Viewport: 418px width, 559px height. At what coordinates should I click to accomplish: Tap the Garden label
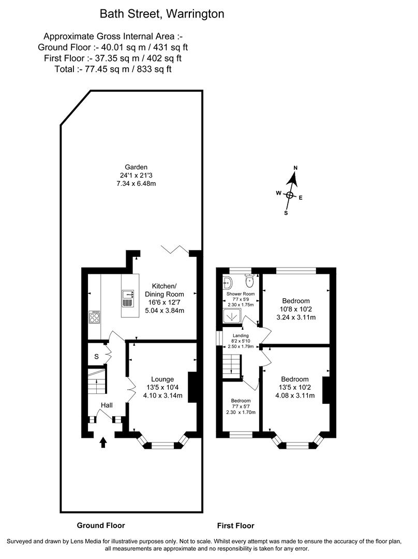coord(136,167)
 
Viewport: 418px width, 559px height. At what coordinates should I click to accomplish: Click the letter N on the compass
coord(296,168)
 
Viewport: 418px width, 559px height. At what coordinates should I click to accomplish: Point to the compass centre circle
coord(290,195)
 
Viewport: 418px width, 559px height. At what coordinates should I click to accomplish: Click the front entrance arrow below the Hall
coord(103,442)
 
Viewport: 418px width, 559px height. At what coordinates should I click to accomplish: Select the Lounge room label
coord(162,379)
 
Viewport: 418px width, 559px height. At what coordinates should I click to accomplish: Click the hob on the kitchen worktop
coord(95,317)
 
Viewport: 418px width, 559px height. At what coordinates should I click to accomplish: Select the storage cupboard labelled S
coord(97,356)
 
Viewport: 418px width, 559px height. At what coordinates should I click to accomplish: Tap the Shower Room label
coord(241,293)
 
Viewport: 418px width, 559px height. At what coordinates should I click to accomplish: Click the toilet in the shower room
coord(249,281)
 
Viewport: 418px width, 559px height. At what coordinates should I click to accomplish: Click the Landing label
coord(241,335)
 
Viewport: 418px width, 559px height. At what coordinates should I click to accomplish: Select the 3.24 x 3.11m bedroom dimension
coord(295,317)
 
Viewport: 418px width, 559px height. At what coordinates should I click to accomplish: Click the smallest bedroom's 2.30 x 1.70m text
coord(241,413)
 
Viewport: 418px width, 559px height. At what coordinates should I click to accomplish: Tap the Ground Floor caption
coord(101,525)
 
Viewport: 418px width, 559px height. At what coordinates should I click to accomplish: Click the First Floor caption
coord(235,525)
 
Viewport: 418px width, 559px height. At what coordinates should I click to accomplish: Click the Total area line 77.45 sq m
coord(113,69)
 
